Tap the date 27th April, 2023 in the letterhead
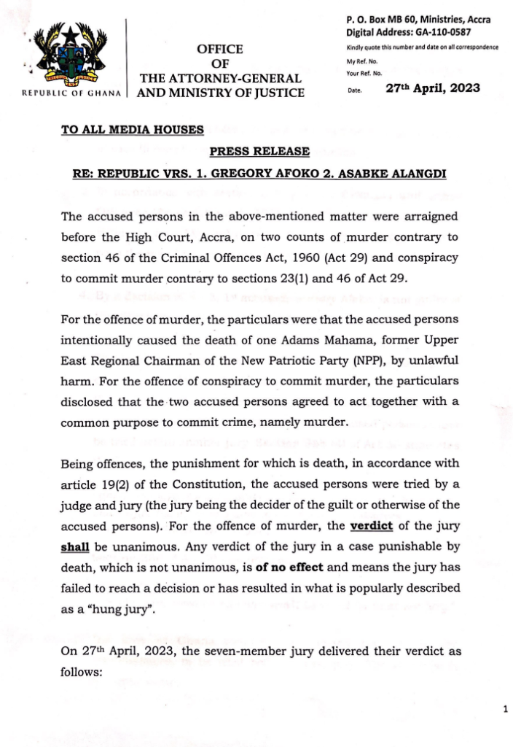pyautogui.click(x=432, y=88)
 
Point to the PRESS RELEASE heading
pyautogui.click(x=259, y=151)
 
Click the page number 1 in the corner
pyautogui.click(x=504, y=708)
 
